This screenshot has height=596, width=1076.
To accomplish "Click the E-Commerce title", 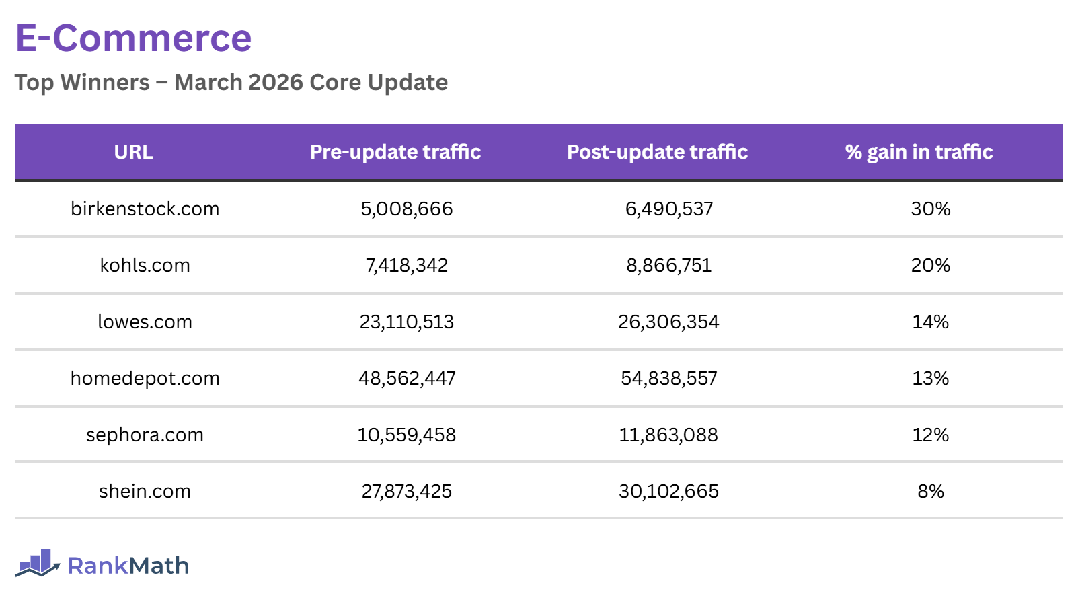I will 133,38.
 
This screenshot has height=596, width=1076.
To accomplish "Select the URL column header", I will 133,152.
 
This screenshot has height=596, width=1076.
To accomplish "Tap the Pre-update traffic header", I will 395,152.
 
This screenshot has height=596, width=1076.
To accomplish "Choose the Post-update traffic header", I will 657,152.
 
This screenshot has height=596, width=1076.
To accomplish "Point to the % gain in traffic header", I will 919,152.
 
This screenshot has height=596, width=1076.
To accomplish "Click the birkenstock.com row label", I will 145,209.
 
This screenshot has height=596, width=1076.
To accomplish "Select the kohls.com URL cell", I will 145,266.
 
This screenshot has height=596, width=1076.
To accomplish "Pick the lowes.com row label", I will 145,322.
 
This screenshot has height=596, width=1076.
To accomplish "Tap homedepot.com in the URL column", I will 145,379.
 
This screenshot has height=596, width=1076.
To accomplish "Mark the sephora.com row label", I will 145,435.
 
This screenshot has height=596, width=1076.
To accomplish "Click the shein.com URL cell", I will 145,492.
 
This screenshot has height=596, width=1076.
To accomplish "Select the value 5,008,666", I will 406,209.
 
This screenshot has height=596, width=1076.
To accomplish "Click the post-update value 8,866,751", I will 668,266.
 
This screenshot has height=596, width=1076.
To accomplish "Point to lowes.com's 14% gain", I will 930,322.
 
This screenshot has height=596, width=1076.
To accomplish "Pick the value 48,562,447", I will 406,379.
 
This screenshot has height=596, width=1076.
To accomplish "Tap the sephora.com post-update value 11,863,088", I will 668,435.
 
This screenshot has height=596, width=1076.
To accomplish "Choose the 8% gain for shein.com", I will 930,492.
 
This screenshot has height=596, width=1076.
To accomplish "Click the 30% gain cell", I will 930,209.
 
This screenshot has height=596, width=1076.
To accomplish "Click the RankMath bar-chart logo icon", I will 38,564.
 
